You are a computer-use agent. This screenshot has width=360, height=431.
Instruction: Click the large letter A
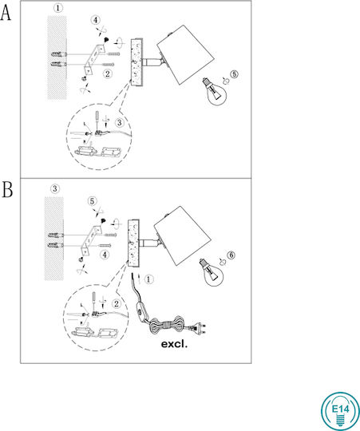pyautogui.click(x=6, y=14)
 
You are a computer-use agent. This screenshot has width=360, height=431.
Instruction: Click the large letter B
pyautogui.click(x=7, y=189)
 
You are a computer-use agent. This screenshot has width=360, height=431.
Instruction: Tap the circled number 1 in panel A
pyautogui.click(x=57, y=8)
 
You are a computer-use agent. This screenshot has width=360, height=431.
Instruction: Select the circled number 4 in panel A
pyautogui.click(x=95, y=20)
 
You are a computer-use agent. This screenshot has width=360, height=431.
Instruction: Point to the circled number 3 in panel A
pyautogui.click(x=119, y=123)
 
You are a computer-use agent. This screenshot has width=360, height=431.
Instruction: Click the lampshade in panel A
pyautogui.click(x=186, y=54)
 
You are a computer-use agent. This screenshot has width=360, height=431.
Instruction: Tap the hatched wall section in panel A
pyautogui.click(x=57, y=57)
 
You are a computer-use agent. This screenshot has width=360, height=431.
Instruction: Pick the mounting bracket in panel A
pyautogui.click(x=93, y=58)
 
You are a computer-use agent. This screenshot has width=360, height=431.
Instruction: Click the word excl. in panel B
pyautogui.click(x=174, y=344)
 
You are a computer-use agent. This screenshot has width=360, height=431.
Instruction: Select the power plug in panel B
pyautogui.click(x=199, y=328)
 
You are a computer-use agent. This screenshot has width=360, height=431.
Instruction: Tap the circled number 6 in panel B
pyautogui.click(x=231, y=255)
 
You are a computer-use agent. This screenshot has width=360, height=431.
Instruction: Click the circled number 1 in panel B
pyautogui.click(x=148, y=279)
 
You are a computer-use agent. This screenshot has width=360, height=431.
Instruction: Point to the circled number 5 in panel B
pyautogui.click(x=92, y=201)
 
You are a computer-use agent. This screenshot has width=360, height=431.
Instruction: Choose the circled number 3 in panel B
pyautogui.click(x=55, y=189)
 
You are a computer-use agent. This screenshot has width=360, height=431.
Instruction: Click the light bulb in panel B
pyautogui.click(x=211, y=272)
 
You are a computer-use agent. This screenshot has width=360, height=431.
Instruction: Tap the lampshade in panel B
pyautogui.click(x=183, y=235)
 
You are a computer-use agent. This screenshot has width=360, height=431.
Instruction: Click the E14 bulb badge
pyautogui.click(x=340, y=411)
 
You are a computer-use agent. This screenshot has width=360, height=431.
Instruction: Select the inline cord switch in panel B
pyautogui.click(x=141, y=312)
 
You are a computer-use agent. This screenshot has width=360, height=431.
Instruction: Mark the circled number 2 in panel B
pyautogui.click(x=117, y=304)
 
